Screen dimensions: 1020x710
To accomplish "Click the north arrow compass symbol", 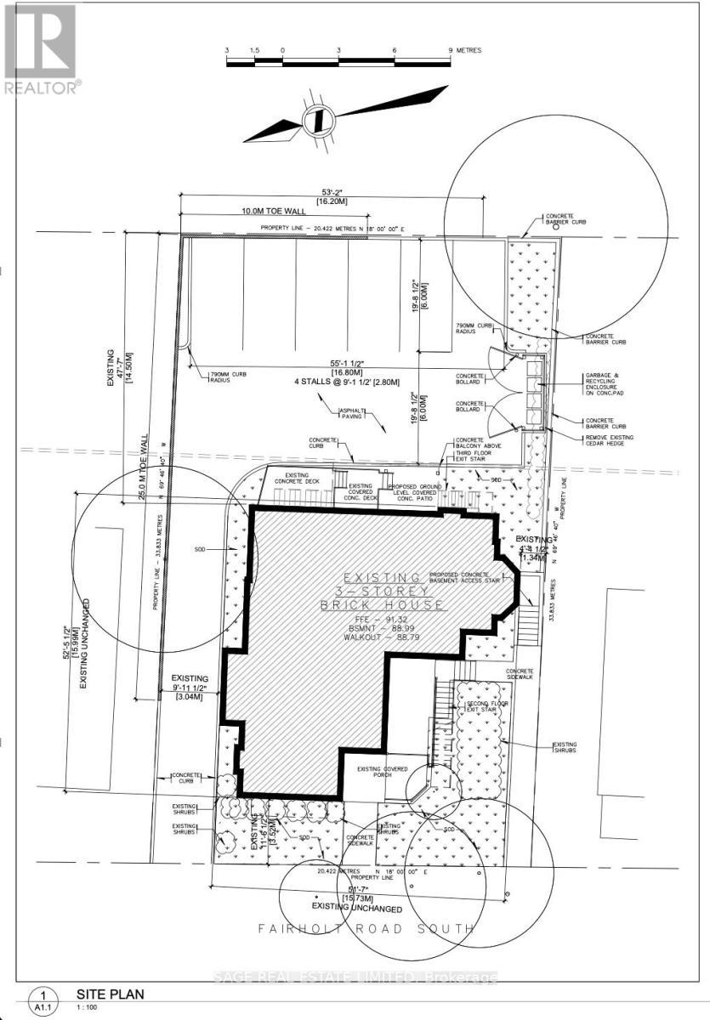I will [315, 119].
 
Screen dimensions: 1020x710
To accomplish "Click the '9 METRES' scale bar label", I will [465, 51].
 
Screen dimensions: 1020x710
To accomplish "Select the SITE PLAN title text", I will [110, 994].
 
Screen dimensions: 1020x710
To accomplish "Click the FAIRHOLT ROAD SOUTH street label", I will [366, 929].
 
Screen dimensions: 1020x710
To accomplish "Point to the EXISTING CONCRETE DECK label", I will [297, 479].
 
